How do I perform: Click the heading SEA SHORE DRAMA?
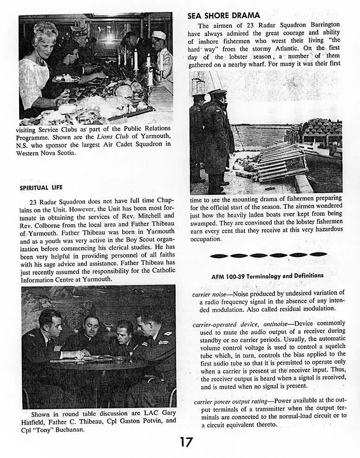click(224, 16)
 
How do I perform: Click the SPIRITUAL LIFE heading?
click(41, 188)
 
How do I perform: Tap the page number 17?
click(186, 442)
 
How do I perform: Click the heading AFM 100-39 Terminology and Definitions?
click(267, 276)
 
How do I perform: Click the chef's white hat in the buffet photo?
click(158, 35)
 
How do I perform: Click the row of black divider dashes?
click(268, 255)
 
